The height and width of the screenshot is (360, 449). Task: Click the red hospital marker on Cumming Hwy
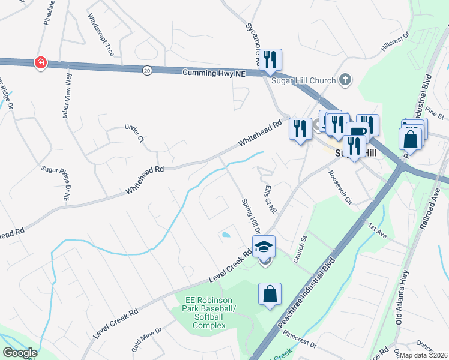[40, 62]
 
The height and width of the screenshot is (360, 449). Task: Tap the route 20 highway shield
[147, 70]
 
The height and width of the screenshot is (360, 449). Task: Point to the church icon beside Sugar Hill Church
[345, 79]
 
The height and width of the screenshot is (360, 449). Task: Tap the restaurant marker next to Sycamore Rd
[270, 59]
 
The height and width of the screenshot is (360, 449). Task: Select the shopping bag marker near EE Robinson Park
[270, 294]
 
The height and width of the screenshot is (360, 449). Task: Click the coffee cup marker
[357, 133]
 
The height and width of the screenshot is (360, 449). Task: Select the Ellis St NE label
[268, 199]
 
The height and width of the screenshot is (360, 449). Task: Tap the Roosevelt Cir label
[339, 187]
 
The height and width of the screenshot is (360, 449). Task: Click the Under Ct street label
[134, 134]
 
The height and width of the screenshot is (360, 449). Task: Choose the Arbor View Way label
[67, 95]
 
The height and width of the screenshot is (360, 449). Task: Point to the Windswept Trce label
[100, 35]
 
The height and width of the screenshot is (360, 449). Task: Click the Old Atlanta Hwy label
[400, 304]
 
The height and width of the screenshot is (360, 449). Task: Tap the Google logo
[20, 353]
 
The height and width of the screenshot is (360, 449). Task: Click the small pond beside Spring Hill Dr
[226, 235]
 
